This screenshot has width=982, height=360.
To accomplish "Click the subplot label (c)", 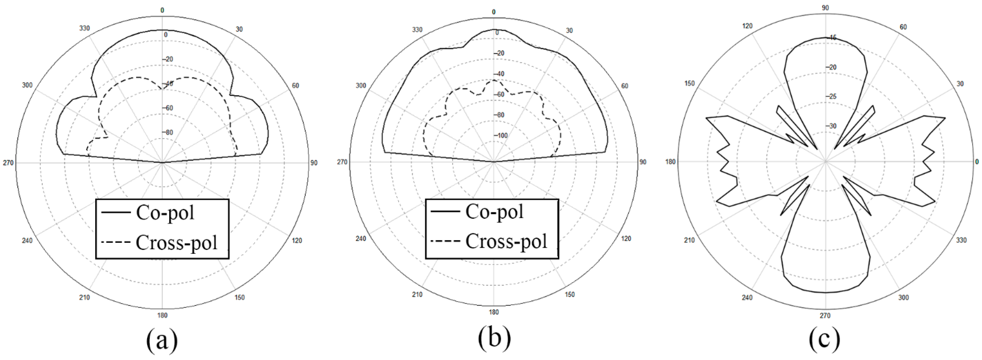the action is tap(825, 340).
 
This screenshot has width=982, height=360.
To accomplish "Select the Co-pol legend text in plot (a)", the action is tap(165, 213).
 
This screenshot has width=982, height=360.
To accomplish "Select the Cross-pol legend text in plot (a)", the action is tap(176, 243).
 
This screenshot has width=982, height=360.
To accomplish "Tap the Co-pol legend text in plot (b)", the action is tap(494, 211).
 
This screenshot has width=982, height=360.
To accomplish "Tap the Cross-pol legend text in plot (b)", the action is tap(506, 241).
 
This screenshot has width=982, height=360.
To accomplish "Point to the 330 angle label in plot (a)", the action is tap(85, 29).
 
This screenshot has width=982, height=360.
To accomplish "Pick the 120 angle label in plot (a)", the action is tap(297, 241).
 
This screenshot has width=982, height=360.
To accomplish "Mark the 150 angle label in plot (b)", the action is tap(569, 294).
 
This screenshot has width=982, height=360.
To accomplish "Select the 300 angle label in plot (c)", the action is tap(903, 297).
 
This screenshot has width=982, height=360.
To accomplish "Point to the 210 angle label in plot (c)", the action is tap(689, 240).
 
